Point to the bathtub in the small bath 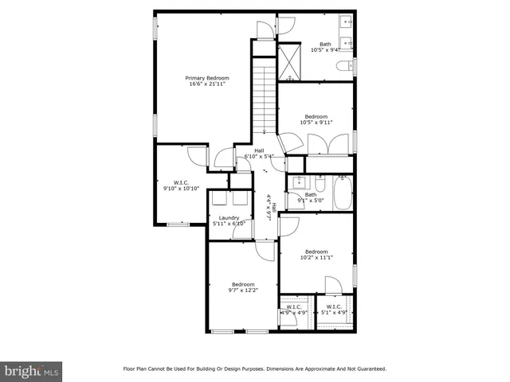(x=343, y=193)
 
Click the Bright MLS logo (x=32, y=371)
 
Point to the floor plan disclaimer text (x=254, y=368)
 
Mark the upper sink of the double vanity (x=347, y=22)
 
